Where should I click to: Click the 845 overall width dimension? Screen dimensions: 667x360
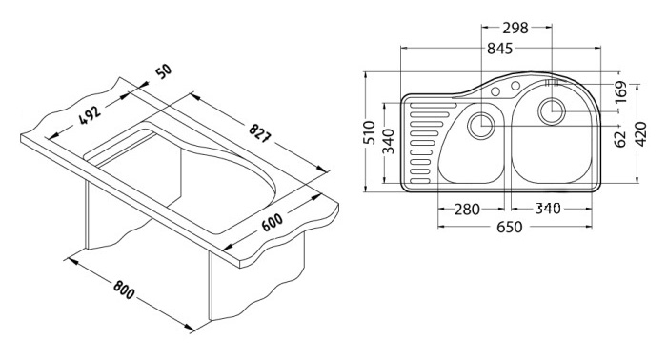point(500,49)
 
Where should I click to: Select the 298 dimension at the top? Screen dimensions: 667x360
point(515,28)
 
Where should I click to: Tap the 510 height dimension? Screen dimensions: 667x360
point(370,132)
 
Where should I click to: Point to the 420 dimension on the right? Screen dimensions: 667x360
point(640,134)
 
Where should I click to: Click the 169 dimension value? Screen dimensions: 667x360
point(620,91)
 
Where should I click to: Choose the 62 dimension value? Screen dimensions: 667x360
point(620,139)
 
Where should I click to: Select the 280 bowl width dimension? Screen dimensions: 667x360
point(467,210)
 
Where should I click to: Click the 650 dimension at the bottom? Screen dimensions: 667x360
point(509,227)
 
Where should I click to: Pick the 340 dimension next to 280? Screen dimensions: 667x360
point(548,209)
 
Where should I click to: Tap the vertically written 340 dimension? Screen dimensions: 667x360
point(388,141)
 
